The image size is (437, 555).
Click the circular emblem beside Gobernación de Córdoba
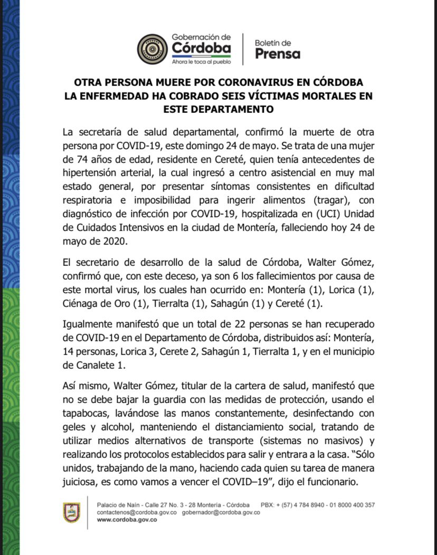[x=152, y=49]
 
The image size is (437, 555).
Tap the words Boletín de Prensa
[x=278, y=49]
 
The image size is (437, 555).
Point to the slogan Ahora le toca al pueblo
[x=201, y=62]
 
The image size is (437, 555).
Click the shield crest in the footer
[x=72, y=512]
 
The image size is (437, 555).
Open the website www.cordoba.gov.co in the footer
[x=127, y=519]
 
